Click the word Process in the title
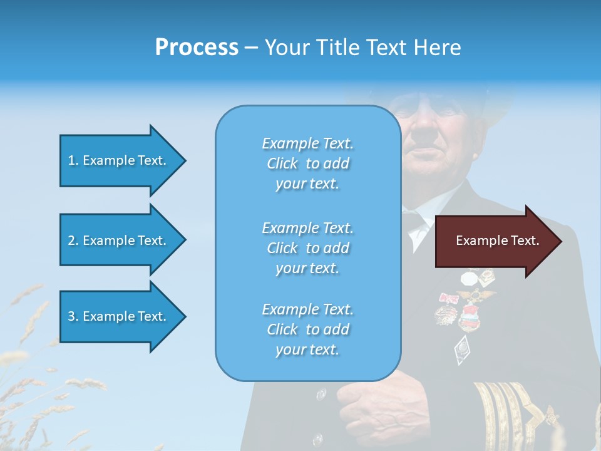(x=197, y=47)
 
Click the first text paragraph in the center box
(x=307, y=163)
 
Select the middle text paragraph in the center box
(x=307, y=248)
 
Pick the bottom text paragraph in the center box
(x=307, y=329)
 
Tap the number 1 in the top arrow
(x=71, y=160)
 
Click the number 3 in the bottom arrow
(x=71, y=316)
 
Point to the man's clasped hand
(x=363, y=401)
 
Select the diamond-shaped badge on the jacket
(x=461, y=348)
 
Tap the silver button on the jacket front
(x=321, y=394)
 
